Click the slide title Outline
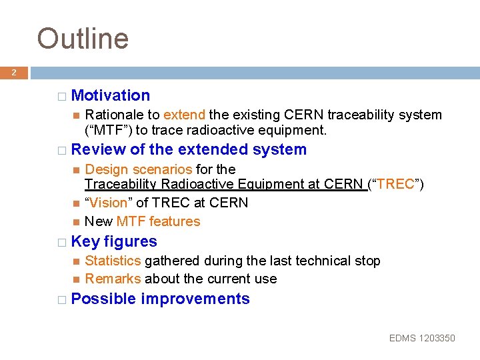[x=83, y=39]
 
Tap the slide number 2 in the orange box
[x=13, y=73]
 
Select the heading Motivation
[x=111, y=96]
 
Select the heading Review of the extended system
[x=189, y=149]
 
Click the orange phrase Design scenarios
[x=139, y=169]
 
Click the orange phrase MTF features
[x=158, y=221]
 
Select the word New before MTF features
[x=99, y=221]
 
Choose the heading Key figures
[x=114, y=241]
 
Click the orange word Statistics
[x=113, y=261]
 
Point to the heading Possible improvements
[x=160, y=299]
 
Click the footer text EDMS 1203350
[x=422, y=338]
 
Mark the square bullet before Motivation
[x=61, y=97]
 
